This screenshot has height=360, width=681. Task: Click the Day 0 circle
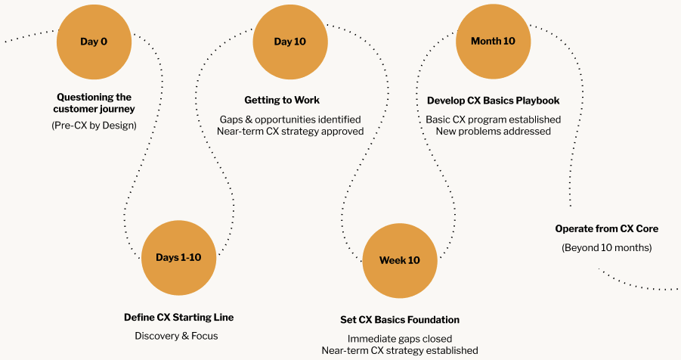click(x=94, y=42)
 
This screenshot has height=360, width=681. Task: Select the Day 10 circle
click(x=290, y=42)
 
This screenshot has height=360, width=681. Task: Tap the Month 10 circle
click(x=494, y=42)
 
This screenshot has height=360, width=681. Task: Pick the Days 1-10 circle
click(x=178, y=258)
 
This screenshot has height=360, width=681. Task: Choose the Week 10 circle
click(x=400, y=260)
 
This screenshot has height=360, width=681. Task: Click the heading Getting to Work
click(x=282, y=100)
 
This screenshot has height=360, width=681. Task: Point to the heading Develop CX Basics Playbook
click(x=494, y=101)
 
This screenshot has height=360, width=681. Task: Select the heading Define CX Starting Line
click(x=178, y=318)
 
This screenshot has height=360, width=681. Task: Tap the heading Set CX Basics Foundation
click(x=400, y=320)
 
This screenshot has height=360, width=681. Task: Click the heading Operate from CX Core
click(x=607, y=228)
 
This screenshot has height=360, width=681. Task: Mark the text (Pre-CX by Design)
click(x=94, y=126)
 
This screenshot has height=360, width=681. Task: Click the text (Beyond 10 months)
click(x=607, y=248)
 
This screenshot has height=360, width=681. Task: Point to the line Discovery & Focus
click(x=176, y=336)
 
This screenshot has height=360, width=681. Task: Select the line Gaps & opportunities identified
click(x=290, y=119)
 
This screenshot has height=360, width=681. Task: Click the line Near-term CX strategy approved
click(x=290, y=132)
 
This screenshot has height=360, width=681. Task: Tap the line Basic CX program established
click(x=494, y=119)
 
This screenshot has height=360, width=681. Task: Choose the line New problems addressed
click(x=494, y=132)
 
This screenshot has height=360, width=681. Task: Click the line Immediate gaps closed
click(x=400, y=339)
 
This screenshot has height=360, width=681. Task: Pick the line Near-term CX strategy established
click(x=400, y=350)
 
